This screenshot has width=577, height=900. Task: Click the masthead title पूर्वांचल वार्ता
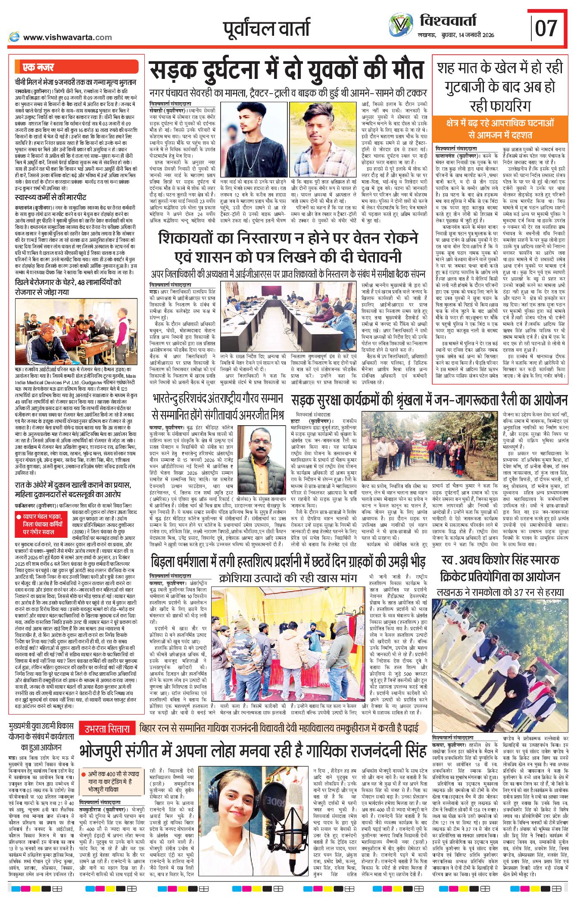click(x=267, y=28)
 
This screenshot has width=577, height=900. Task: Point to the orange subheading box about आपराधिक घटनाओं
click(x=500, y=129)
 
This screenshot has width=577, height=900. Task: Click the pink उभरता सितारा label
click(x=107, y=729)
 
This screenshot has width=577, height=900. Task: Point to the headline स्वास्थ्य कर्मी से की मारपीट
click(x=50, y=198)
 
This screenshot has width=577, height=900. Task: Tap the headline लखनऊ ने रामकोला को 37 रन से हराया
click(x=500, y=593)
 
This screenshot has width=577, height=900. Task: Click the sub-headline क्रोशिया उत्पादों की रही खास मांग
click(x=287, y=578)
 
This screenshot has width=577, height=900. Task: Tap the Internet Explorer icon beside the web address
click(x=14, y=37)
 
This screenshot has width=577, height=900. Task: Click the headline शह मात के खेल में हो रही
click(x=500, y=68)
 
